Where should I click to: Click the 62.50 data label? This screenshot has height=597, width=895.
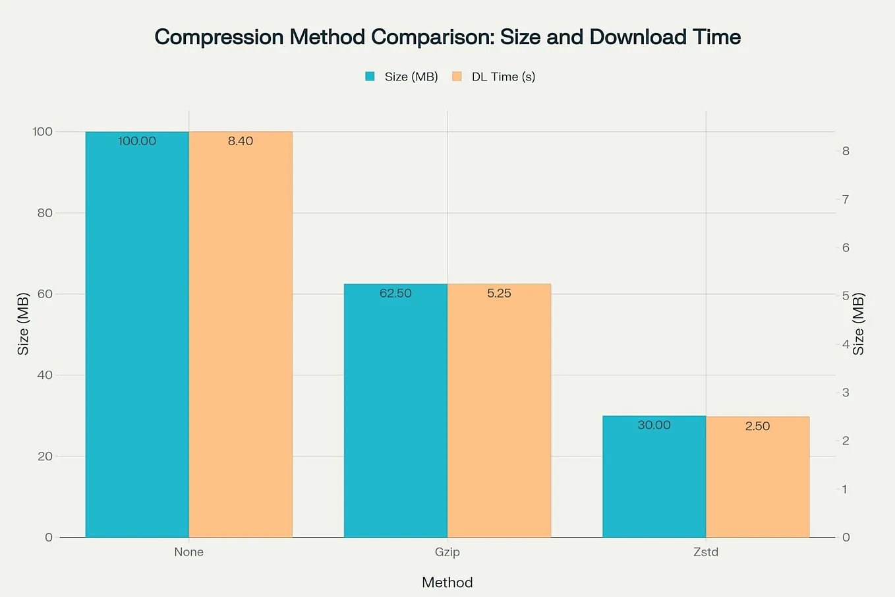click(395, 294)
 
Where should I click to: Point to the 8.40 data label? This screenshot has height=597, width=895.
click(241, 141)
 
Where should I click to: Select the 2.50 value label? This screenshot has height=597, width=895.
click(757, 426)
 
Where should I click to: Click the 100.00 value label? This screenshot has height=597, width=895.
click(137, 141)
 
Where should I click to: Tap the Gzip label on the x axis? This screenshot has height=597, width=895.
click(447, 552)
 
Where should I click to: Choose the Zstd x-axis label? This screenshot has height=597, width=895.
click(706, 552)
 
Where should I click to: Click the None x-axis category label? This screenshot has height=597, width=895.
click(188, 552)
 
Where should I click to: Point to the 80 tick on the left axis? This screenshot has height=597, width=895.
click(45, 213)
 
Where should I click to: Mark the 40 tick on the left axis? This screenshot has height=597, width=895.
click(45, 375)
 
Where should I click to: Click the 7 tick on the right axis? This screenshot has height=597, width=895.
click(846, 199)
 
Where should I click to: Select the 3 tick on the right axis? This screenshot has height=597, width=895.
click(846, 393)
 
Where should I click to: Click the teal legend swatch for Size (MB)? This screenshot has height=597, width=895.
click(370, 77)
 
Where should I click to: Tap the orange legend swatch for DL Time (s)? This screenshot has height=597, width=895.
click(457, 77)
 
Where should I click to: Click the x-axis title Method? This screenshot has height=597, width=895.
click(447, 582)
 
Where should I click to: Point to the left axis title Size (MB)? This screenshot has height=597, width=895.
click(23, 324)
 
